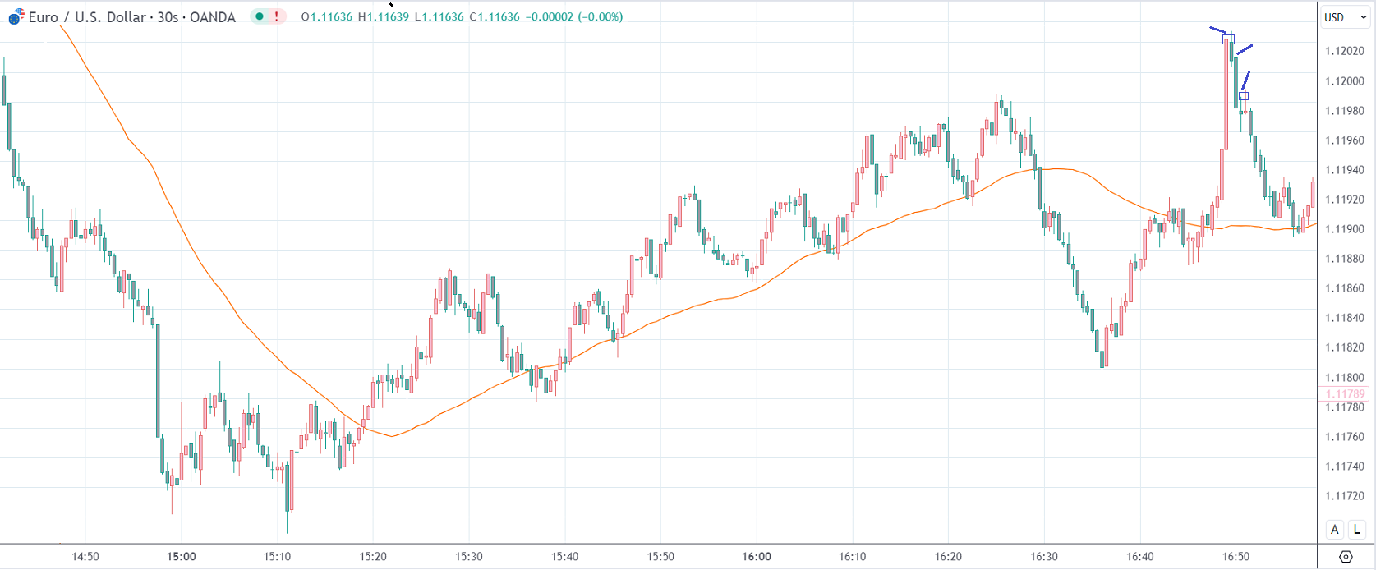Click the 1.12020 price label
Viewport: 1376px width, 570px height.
coord(1344,51)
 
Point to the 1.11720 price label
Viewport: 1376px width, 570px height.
coord(1344,496)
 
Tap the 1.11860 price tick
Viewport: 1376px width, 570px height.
coord(1344,288)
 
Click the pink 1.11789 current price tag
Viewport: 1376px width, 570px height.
coord(1345,394)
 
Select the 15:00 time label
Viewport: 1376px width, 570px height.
coord(182,556)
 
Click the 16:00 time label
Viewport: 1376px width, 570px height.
coord(757,556)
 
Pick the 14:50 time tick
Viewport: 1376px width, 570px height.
coord(85,556)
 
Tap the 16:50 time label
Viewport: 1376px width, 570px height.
coord(1236,556)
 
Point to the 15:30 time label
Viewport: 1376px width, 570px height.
coord(469,556)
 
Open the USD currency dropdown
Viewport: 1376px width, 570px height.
coord(1345,17)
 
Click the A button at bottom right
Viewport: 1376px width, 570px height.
coord(1335,530)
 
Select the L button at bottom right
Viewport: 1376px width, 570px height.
coord(1358,530)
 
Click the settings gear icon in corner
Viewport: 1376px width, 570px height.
coord(1346,557)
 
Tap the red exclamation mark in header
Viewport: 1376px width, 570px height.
coord(277,16)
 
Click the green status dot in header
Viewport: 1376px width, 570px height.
coord(260,16)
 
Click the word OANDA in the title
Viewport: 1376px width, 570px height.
coord(212,17)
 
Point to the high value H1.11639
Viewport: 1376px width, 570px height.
coord(384,16)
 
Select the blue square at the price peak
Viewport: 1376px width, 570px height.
coord(1228,39)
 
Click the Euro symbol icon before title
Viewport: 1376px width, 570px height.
coord(16,16)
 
